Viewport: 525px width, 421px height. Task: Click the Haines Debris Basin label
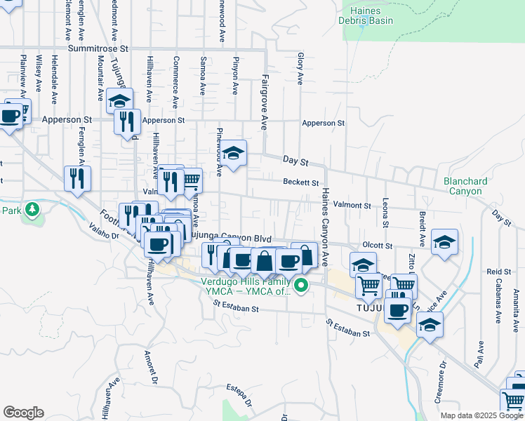(367, 15)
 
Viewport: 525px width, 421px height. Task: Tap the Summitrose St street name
(100, 49)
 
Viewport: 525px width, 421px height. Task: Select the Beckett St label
(301, 182)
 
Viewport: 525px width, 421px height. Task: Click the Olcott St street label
(378, 246)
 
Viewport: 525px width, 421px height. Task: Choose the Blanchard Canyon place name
(463, 186)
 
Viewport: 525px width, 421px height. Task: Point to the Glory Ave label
(300, 69)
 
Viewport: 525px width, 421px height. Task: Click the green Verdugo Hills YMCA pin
(301, 285)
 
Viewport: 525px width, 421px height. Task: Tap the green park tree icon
(31, 209)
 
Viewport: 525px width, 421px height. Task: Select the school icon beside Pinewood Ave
(234, 152)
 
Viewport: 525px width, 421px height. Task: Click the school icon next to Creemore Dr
(430, 324)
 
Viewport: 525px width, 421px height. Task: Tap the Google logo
(23, 413)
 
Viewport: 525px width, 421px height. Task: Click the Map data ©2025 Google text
(481, 415)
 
